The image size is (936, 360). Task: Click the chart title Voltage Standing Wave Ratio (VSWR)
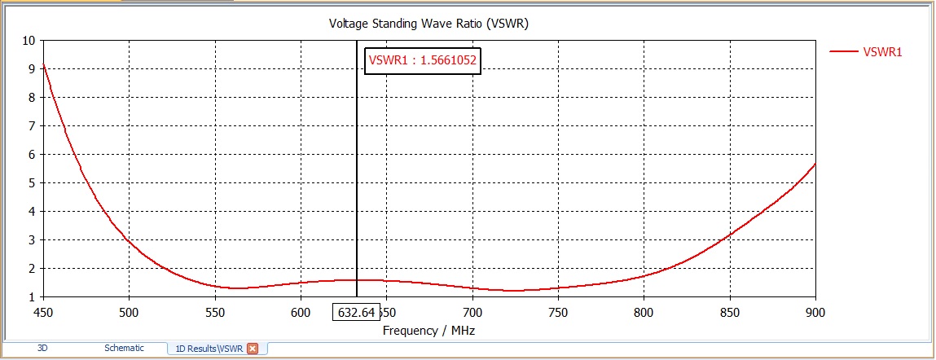tap(428, 23)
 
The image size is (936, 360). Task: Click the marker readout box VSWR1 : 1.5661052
tap(422, 59)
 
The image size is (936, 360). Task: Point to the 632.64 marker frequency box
tap(357, 312)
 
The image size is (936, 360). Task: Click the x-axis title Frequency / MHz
tap(428, 331)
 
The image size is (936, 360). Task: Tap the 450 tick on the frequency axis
tap(43, 312)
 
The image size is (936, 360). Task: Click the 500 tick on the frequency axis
tap(129, 312)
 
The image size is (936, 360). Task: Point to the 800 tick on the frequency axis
tap(644, 312)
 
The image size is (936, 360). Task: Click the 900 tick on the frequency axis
tap(815, 312)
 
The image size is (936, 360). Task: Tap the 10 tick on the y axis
tap(29, 40)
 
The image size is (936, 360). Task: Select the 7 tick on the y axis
tap(32, 125)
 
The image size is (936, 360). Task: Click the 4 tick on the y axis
tap(32, 211)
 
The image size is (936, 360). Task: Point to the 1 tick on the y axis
tap(32, 296)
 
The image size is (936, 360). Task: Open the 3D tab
tap(43, 348)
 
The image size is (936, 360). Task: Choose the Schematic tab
tap(124, 348)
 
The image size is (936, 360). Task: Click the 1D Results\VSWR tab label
tap(209, 349)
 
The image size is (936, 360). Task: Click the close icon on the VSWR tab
tap(253, 349)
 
